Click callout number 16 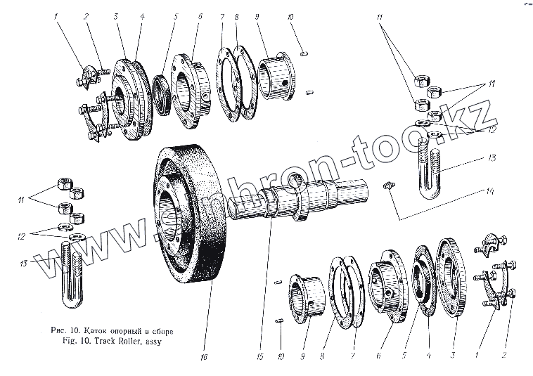pos(204,356)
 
